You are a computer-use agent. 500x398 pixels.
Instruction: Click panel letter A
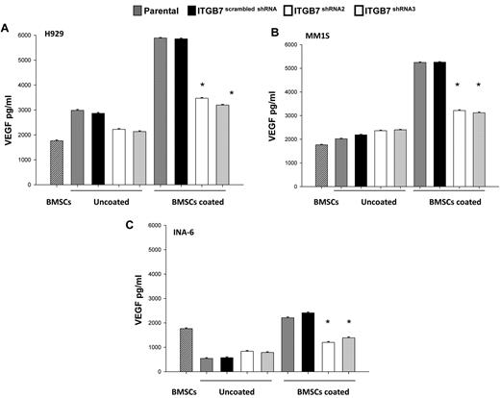coord(7,29)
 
